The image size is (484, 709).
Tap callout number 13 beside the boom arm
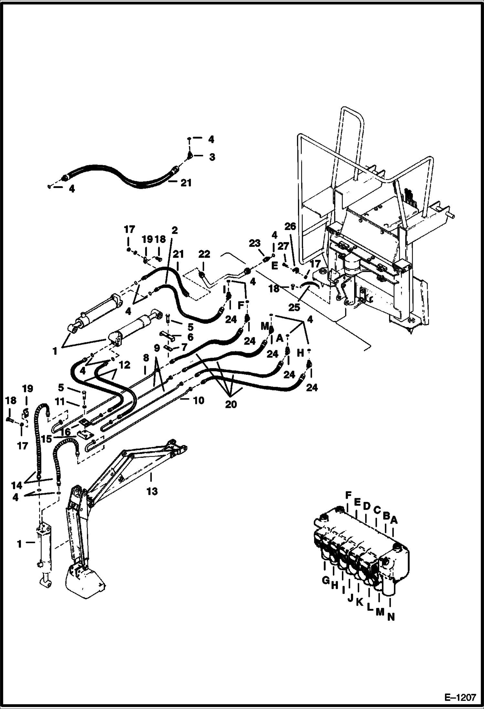152,491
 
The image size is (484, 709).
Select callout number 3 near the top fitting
212,157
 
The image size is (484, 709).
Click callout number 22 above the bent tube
204,254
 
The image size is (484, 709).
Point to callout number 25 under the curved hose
294,307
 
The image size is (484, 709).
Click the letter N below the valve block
391,617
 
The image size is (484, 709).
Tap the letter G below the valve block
325,580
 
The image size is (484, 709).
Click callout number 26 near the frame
290,227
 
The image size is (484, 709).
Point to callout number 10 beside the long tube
198,400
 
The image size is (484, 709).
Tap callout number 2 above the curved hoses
174,230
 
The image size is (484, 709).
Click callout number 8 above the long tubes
146,357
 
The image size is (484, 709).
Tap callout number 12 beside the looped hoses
125,365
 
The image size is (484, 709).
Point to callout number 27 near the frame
283,247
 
